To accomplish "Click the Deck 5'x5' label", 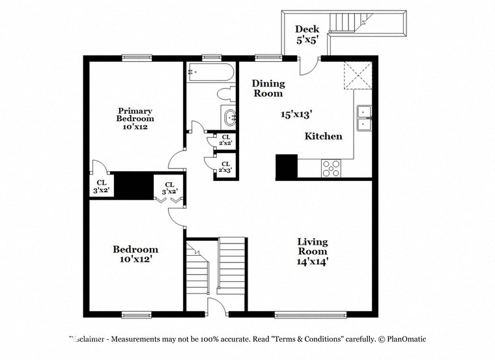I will [306, 33].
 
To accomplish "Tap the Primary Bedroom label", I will [135, 118].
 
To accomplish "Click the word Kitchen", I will [324, 136].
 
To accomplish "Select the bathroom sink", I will [230, 118].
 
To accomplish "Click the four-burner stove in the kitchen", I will [332, 169].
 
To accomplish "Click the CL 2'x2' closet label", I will [225, 139].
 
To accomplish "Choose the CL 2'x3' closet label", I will [225, 167].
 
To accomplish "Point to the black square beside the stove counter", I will [287, 167].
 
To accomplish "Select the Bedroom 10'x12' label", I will [135, 255].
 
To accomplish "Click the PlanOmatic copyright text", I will [404, 339].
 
